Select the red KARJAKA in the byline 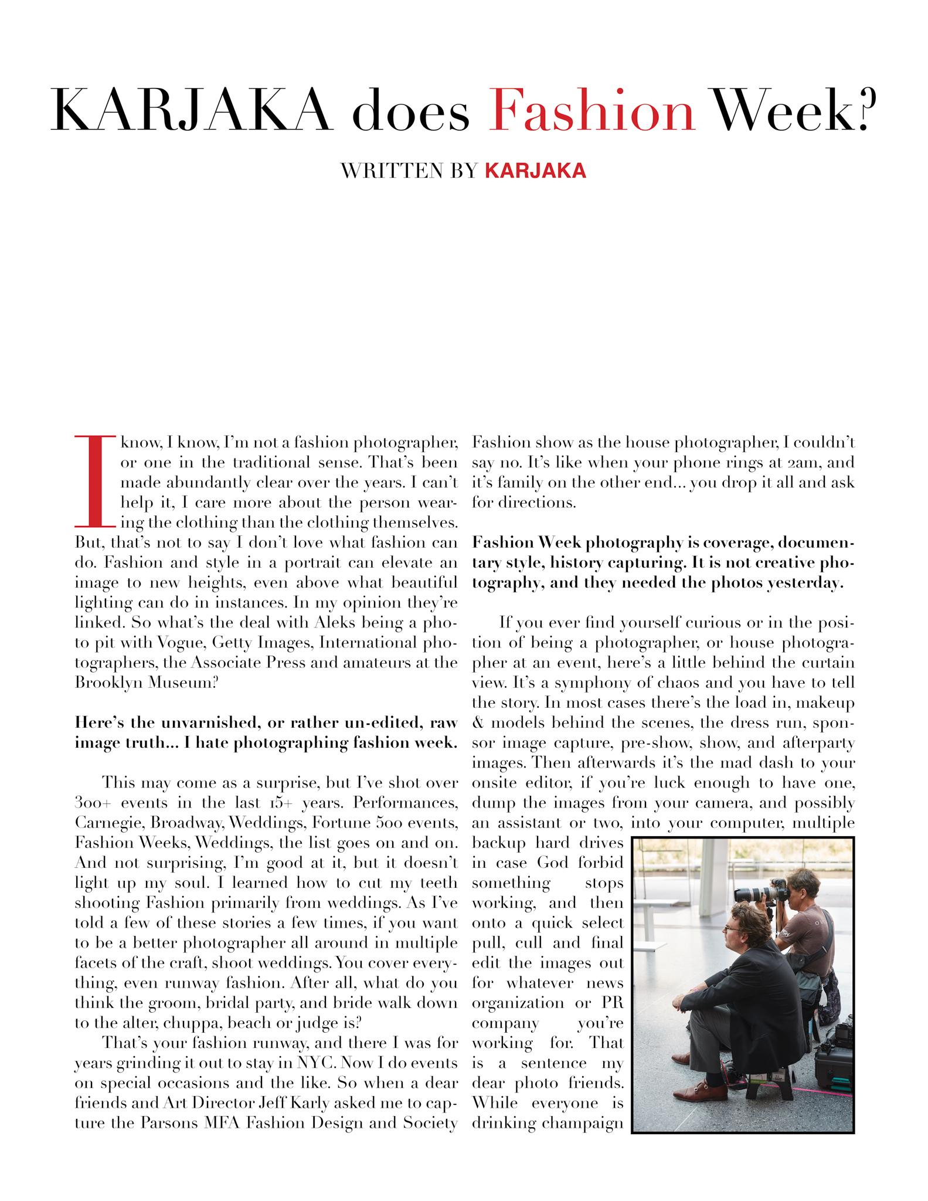pyautogui.click(x=535, y=170)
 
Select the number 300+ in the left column pyautogui.click(x=92, y=803)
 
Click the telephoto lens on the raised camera pyautogui.click(x=750, y=895)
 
